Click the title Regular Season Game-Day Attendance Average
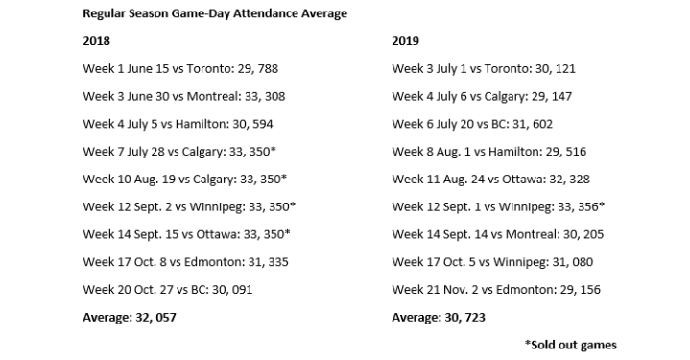[215, 12]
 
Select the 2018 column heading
[97, 40]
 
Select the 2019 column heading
[406, 40]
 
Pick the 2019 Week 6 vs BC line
[472, 124]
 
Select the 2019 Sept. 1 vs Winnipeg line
[498, 206]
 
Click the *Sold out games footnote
[571, 344]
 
